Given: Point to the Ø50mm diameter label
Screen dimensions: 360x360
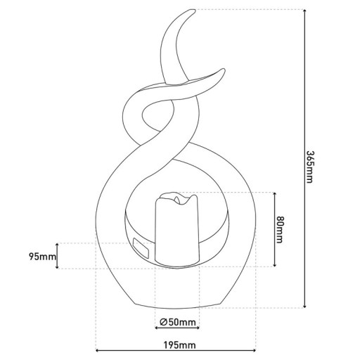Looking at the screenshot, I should [x=176, y=323].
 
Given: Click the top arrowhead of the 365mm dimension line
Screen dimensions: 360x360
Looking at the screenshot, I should [x=304, y=13].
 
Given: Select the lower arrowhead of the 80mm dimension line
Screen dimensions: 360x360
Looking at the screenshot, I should [x=273, y=265].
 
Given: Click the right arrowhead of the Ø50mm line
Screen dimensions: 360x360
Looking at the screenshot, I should [x=197, y=330].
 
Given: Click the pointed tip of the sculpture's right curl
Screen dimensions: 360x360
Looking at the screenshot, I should [x=224, y=70].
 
